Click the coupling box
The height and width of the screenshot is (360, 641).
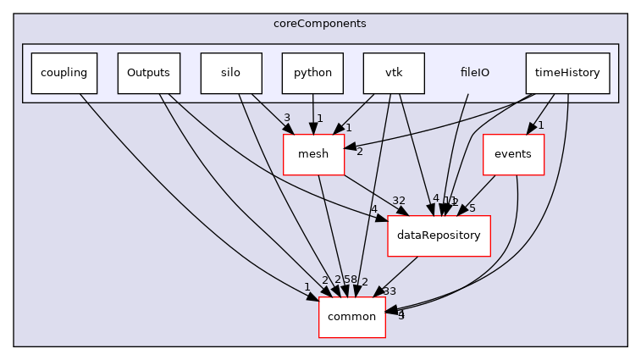(x=64, y=73)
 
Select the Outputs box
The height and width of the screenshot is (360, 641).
(x=148, y=73)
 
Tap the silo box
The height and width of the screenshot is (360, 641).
(x=230, y=73)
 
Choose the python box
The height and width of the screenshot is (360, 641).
(x=313, y=73)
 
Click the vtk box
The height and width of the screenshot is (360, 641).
(x=394, y=73)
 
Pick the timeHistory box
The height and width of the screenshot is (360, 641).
(x=567, y=73)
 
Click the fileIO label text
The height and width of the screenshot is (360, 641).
(x=474, y=73)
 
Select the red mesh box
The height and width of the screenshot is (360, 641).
(x=313, y=154)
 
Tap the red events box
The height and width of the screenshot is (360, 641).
(x=512, y=154)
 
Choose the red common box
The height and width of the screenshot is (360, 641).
(x=351, y=317)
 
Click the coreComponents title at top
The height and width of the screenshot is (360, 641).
(x=320, y=23)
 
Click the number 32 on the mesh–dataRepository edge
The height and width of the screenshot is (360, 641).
(x=399, y=201)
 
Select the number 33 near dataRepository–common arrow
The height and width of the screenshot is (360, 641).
(x=390, y=291)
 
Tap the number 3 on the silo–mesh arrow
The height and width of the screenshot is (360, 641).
(x=287, y=118)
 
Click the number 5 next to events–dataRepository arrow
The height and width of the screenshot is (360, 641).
(x=472, y=208)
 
